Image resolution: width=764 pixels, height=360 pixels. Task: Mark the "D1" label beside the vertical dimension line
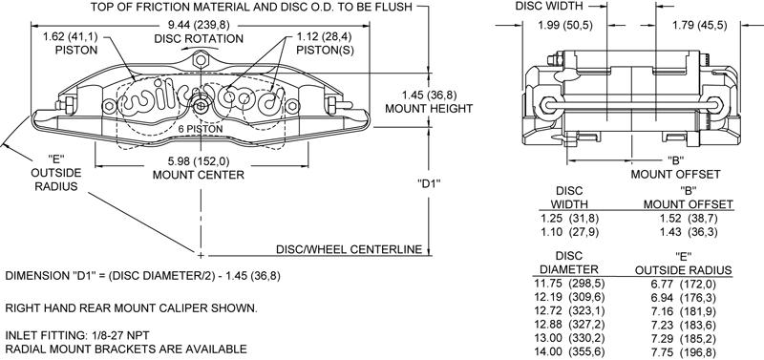[429, 183]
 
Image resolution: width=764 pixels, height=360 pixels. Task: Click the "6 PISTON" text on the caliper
[201, 129]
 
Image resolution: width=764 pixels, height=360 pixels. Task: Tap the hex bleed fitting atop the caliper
[201, 60]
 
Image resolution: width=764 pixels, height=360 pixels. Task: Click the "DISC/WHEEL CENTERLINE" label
[349, 249]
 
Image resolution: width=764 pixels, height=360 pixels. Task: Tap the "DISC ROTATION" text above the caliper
[199, 38]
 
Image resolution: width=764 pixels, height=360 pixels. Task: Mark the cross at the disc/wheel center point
[201, 254]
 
